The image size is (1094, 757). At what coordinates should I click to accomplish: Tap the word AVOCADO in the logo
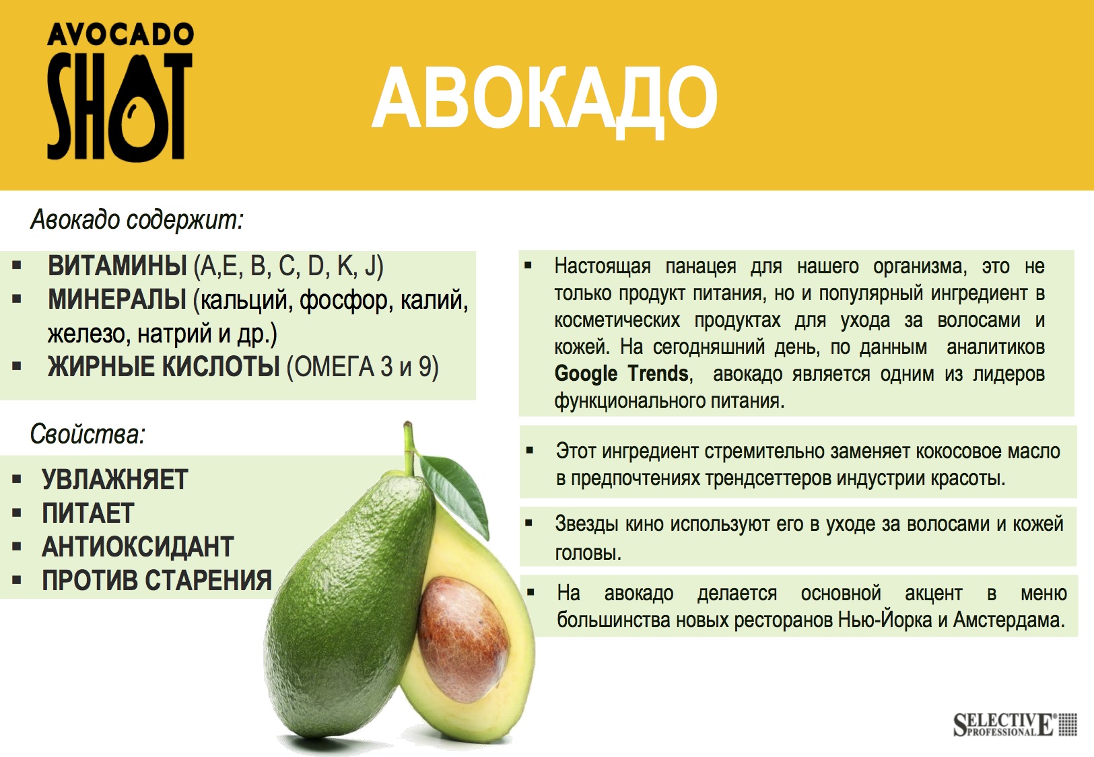(x=120, y=35)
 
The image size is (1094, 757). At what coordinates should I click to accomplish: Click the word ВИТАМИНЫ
(x=117, y=266)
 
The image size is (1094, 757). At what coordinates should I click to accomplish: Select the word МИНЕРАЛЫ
(x=117, y=299)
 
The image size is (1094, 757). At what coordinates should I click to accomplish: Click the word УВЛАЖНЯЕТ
(x=114, y=479)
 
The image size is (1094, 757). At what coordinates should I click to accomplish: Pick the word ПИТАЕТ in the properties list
(x=88, y=513)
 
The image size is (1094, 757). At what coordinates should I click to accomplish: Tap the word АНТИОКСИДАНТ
(x=138, y=546)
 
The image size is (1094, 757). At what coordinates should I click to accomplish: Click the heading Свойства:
(x=88, y=434)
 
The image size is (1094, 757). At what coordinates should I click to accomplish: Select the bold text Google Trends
(x=621, y=373)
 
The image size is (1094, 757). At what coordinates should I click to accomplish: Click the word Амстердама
(x=1009, y=620)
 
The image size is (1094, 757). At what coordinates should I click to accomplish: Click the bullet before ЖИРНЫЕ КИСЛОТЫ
(x=17, y=366)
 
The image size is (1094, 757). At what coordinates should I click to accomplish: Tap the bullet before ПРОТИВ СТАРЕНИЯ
(x=17, y=580)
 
